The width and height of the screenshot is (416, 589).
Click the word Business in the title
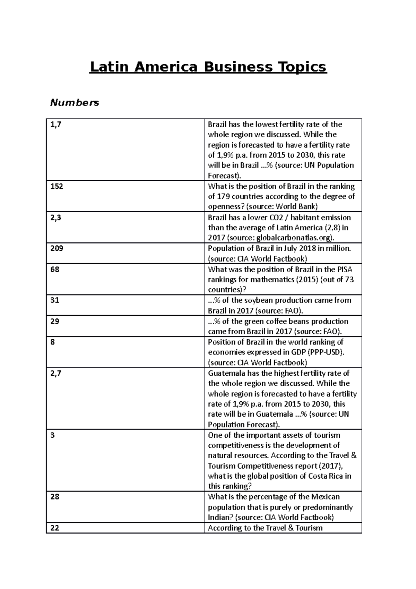(x=238, y=67)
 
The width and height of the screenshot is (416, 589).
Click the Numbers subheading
(x=75, y=103)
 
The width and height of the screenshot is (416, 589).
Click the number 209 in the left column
(x=57, y=248)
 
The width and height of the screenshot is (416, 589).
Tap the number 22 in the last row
(x=55, y=528)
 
